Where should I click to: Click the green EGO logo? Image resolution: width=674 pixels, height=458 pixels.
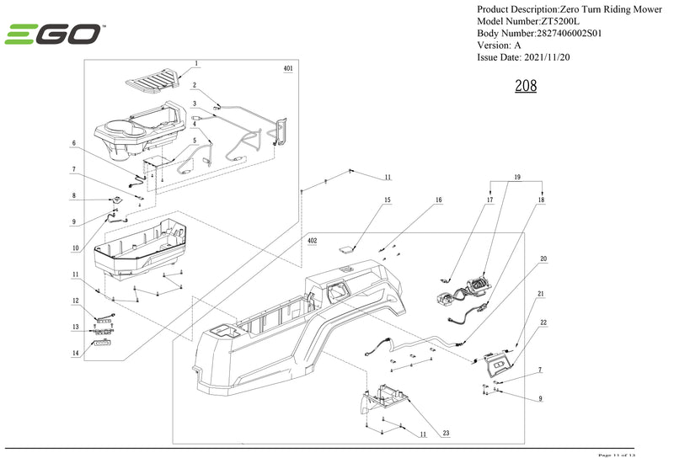(54, 35)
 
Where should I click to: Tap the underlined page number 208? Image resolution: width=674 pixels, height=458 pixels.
(525, 86)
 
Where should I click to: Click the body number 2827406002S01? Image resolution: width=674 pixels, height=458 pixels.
(559, 33)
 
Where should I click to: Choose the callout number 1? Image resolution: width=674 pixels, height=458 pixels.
(196, 64)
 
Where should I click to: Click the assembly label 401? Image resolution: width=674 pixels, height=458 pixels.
(288, 68)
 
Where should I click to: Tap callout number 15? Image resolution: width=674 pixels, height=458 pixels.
(388, 200)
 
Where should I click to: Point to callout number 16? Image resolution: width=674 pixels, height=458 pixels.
(438, 200)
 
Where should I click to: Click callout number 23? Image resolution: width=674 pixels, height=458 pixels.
(446, 434)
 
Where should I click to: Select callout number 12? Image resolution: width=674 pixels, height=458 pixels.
(75, 301)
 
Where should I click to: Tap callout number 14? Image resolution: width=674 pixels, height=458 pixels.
(75, 354)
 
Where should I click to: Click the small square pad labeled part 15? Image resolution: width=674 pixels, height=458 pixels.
(346, 248)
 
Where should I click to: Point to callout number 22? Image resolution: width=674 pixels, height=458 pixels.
(543, 323)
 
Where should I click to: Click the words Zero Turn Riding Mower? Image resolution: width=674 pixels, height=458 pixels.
(604, 8)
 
